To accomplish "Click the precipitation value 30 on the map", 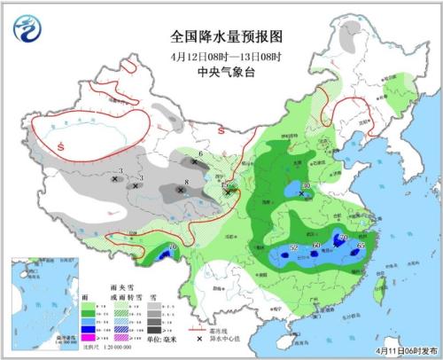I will (307, 186).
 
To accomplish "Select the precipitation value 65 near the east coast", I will (361, 245).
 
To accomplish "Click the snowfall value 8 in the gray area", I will (185, 184).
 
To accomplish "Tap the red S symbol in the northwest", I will (59, 145).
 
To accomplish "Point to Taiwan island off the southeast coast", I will (382, 284).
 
